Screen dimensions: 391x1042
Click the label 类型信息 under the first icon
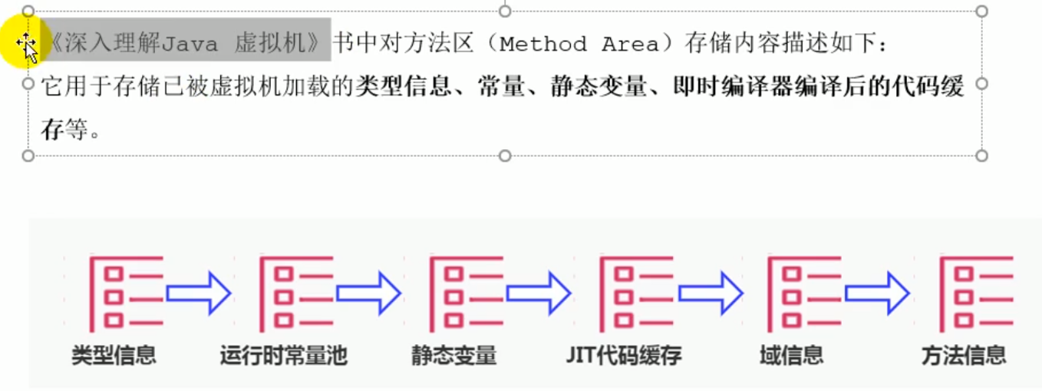[x=114, y=355]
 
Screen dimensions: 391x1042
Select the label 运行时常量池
[x=283, y=355]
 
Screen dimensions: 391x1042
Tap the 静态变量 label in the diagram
[x=453, y=355]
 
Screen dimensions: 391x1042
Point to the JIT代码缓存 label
[x=624, y=355]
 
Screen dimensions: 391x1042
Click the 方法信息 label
[x=964, y=355]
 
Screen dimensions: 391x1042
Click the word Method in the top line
[x=542, y=44]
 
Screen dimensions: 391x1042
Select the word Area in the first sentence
[x=630, y=44]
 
